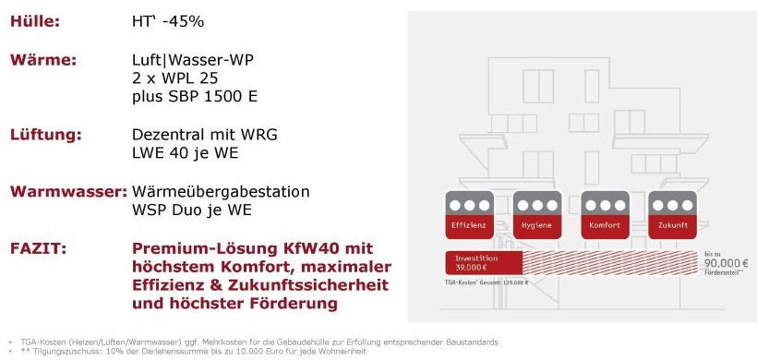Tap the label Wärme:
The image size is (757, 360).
pos(42,60)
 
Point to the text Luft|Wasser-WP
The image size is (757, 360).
pos(193,60)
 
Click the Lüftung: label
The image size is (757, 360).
pos(46,135)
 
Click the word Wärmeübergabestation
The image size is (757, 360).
pos(221,192)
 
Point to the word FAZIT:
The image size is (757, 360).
pos(38,248)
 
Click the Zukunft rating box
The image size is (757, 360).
pos(669,214)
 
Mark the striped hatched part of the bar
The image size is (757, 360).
pos(600,263)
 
